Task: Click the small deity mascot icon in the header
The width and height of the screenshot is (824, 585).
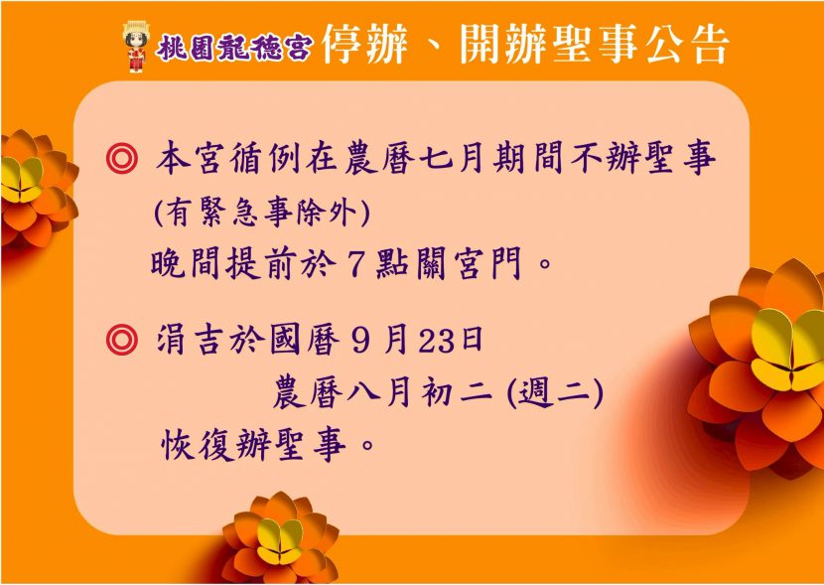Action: pos(136,47)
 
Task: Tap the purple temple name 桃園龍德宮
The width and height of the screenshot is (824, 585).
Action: pos(234,48)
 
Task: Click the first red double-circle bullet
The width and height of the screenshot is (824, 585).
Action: pos(122,158)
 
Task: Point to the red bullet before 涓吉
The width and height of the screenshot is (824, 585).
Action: pos(122,340)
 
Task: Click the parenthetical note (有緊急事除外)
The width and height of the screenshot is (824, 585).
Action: pos(262,214)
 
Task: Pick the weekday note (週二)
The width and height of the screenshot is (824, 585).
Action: pos(555,395)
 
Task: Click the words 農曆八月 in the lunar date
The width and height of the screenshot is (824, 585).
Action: pos(342,395)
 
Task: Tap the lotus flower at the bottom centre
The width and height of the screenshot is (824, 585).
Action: pos(281,537)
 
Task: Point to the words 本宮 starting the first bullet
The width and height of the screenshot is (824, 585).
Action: pos(188,158)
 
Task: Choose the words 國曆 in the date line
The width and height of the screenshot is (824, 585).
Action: pos(304,341)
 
